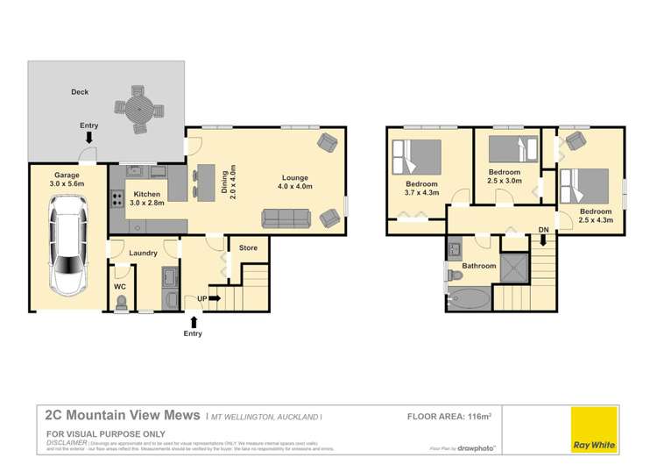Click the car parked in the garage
(67, 245)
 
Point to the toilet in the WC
(122, 302)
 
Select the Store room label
(249, 248)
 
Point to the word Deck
(80, 91)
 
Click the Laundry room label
(143, 254)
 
